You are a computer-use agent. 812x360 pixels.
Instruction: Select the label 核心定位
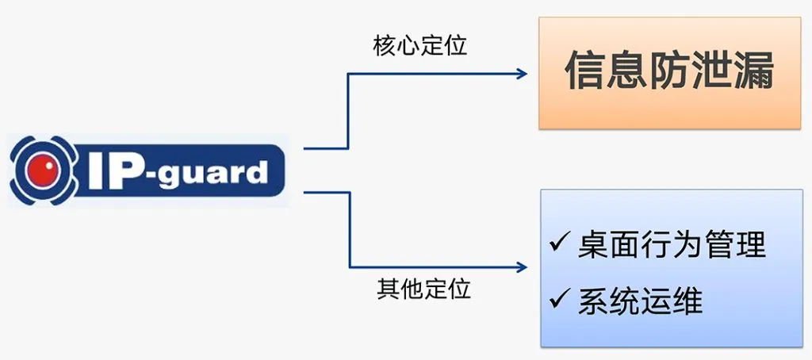pos(419,45)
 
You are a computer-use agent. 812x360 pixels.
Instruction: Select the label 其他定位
pos(423,288)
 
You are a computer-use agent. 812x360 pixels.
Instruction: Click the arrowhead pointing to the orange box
pos(521,74)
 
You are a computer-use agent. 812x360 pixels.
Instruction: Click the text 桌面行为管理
pos(671,244)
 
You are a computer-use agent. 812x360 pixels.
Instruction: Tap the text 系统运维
pos(639,301)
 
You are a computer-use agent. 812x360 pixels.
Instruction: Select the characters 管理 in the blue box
pos(734,244)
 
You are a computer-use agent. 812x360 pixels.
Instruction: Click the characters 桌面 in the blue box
pos(607,244)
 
